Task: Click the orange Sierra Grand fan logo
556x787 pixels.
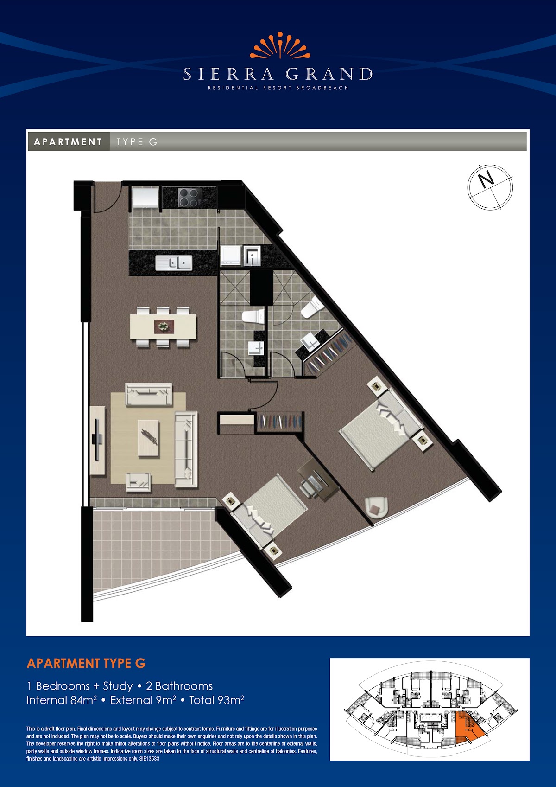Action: [280, 45]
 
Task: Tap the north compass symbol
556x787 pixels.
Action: [490, 187]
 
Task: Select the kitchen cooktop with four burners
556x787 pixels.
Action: [190, 197]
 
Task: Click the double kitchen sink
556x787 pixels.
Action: [174, 262]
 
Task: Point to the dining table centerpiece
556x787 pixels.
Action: [164, 326]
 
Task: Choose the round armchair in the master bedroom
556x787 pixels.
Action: [376, 507]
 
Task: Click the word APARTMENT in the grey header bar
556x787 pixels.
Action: [68, 142]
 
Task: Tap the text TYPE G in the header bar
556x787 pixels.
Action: [137, 142]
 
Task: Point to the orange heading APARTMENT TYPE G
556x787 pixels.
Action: [86, 663]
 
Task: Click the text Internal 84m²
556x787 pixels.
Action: [62, 700]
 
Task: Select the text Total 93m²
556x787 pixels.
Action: [216, 700]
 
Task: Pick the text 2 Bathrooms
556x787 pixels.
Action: [179, 686]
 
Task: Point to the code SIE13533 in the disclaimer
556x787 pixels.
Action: [149, 759]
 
